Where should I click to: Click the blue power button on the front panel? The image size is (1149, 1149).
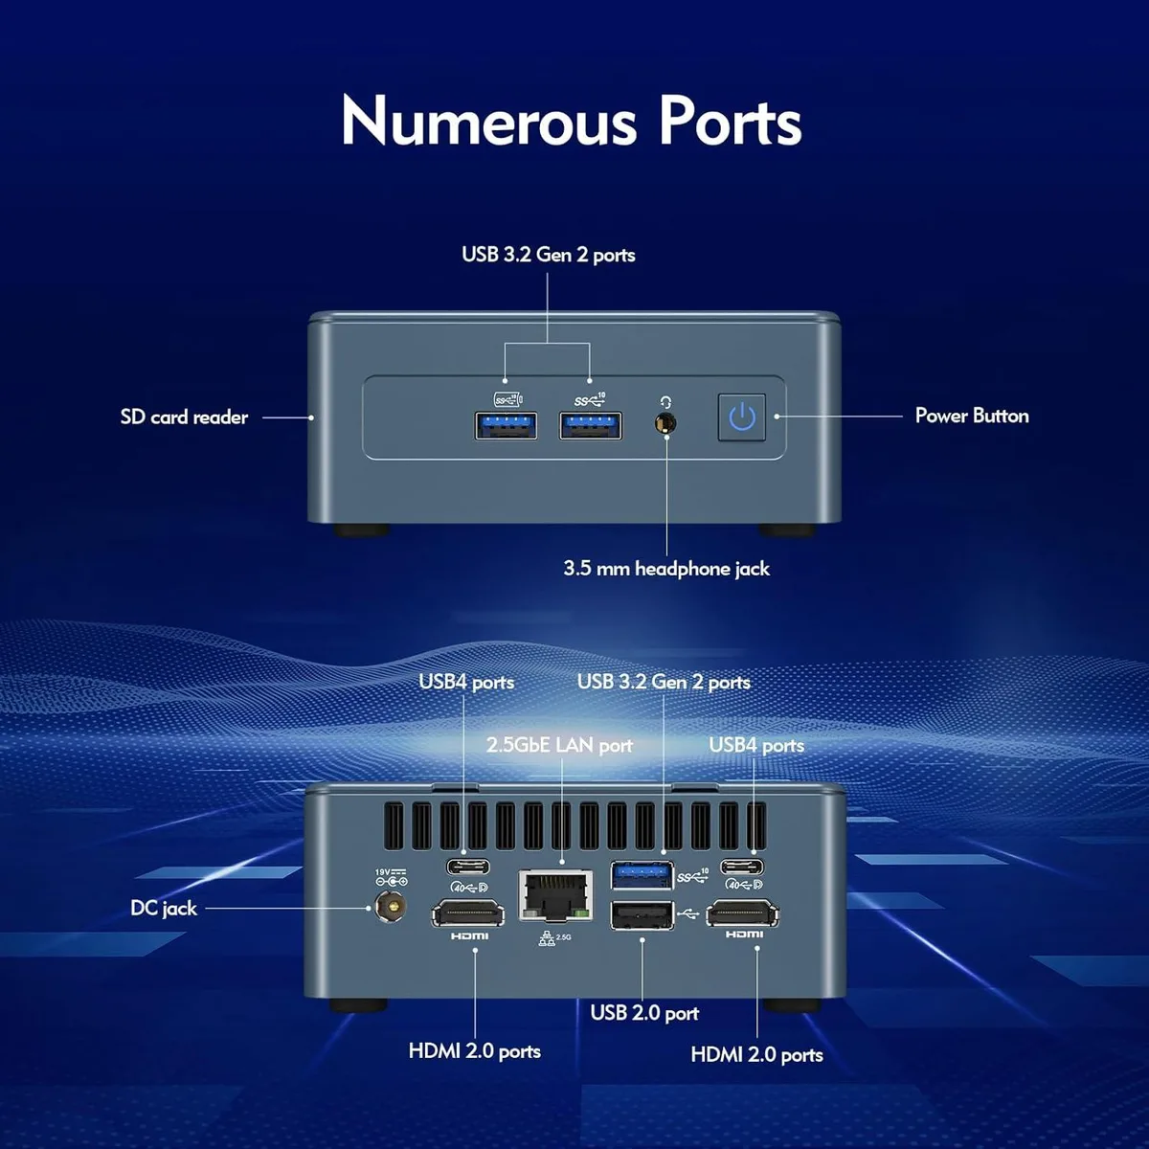coord(742,417)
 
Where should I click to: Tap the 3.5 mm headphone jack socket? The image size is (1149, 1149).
coord(665,423)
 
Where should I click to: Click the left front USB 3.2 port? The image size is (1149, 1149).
coord(506,426)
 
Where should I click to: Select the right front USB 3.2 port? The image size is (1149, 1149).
coord(591,426)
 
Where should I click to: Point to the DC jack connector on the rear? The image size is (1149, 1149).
coord(392,908)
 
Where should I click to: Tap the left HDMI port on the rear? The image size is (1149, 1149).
coord(468,914)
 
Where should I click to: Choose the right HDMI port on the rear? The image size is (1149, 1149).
coord(742,914)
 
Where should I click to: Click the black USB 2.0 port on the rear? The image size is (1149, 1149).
coord(642,915)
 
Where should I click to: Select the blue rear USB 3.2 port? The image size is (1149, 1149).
coord(642,875)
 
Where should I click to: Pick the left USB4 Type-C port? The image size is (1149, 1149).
coord(468,866)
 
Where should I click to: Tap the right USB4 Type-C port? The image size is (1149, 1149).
coord(742,866)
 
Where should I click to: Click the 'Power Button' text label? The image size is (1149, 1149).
coord(972,416)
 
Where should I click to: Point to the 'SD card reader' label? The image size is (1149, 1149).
coord(184,417)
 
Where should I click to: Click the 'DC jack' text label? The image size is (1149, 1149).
coord(164,908)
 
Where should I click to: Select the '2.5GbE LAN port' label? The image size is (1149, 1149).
coord(559,745)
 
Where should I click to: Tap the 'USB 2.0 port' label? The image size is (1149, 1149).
coord(644,1012)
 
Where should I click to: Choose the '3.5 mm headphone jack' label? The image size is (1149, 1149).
coord(666,568)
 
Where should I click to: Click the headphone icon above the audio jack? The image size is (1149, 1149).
coord(665,402)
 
